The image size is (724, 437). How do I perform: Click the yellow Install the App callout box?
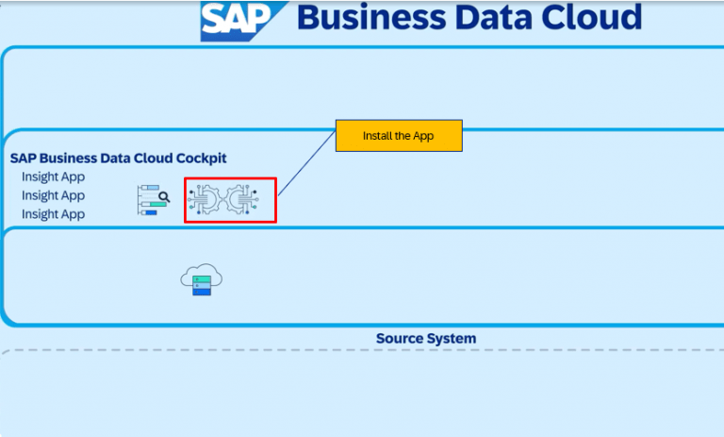398,136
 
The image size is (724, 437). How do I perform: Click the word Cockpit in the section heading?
196,159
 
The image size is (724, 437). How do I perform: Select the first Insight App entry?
53,176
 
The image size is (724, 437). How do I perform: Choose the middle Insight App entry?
53,195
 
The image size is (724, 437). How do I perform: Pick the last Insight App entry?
53,214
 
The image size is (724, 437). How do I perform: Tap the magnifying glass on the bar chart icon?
163,197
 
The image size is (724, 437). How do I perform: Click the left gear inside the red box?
208,199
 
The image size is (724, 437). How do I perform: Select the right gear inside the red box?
240,199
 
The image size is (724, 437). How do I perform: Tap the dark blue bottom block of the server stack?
202,292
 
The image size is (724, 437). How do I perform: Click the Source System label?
426,338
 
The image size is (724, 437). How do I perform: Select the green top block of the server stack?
201,280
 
